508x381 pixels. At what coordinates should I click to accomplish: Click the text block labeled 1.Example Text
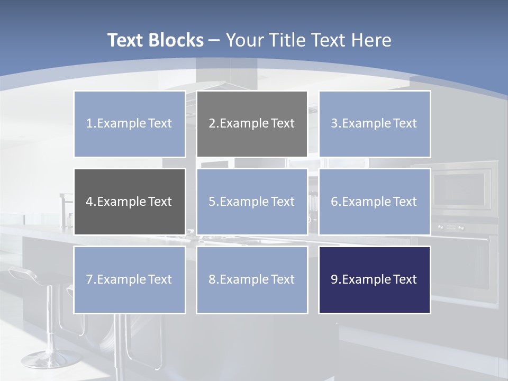click(130, 124)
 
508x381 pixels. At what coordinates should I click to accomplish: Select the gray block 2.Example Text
click(252, 124)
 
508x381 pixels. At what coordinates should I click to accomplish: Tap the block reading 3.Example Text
click(374, 124)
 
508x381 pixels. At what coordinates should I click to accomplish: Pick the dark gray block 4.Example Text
click(130, 202)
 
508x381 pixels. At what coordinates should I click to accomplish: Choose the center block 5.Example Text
click(252, 202)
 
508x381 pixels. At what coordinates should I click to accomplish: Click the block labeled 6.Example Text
click(374, 202)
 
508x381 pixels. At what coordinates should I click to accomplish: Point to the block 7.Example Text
click(130, 279)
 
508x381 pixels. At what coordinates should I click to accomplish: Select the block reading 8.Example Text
click(252, 279)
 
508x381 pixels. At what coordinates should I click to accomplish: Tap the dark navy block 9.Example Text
click(374, 279)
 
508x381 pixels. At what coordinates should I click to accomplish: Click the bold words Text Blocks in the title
click(155, 40)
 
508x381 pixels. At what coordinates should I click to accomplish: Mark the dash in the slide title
click(214, 40)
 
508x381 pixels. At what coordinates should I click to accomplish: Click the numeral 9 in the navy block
click(334, 279)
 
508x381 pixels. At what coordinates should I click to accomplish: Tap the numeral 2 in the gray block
click(212, 124)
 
